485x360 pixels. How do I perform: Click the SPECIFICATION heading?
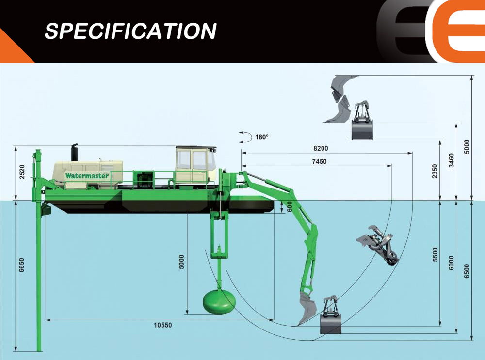click(130, 31)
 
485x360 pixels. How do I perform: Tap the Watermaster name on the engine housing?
click(87, 176)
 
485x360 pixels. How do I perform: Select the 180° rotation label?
click(262, 137)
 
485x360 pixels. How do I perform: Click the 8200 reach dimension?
click(321, 148)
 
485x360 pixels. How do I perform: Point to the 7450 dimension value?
click(320, 161)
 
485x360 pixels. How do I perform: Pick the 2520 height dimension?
click(22, 172)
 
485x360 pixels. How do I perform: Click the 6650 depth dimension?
click(22, 265)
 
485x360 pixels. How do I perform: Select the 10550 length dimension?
click(162, 325)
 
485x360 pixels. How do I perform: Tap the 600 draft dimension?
click(290, 207)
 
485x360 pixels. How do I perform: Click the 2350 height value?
click(435, 171)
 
